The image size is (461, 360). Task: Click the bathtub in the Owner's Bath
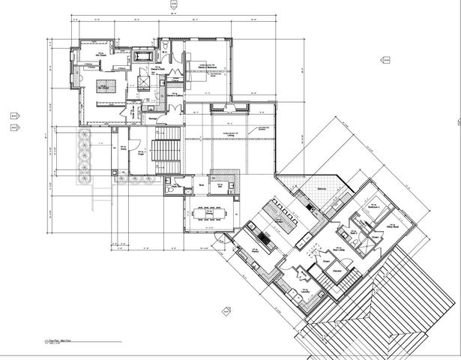pos(142,56)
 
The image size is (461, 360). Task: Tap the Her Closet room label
pos(100,54)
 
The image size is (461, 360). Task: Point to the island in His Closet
pos(104,88)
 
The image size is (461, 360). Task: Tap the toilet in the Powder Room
pos(170,190)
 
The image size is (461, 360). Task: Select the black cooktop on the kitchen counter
pos(264,239)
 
